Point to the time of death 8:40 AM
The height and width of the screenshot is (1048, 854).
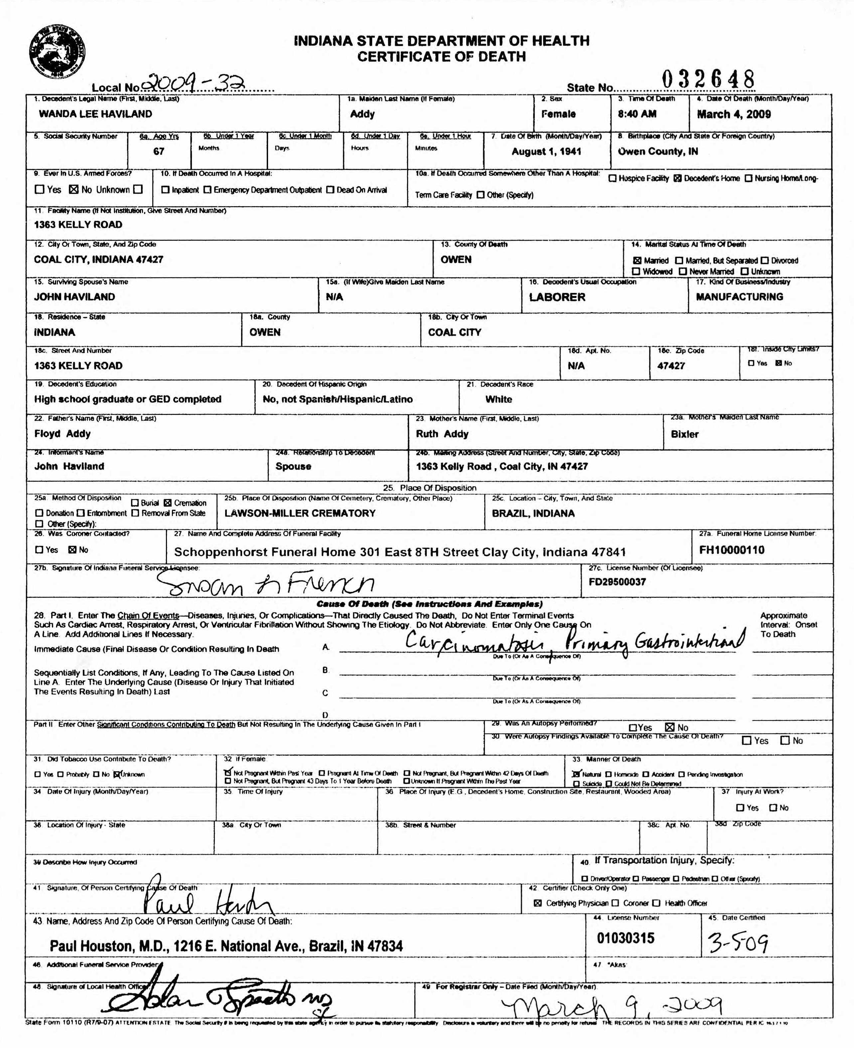point(637,114)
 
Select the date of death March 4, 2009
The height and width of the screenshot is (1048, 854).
point(734,114)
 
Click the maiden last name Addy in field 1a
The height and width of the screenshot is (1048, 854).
point(362,114)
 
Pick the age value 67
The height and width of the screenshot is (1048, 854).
point(158,152)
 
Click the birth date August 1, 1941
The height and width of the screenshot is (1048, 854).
point(546,152)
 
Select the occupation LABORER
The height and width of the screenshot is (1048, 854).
point(557,297)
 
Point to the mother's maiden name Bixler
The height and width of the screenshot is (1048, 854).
point(684,434)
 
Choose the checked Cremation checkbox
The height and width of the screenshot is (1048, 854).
point(167,503)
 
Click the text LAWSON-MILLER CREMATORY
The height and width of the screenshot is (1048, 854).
point(300,513)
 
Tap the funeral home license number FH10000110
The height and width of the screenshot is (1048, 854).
point(732,550)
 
